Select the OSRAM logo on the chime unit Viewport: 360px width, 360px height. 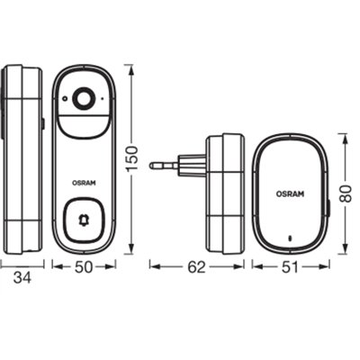point(291,192)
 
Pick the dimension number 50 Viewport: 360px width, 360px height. point(84,266)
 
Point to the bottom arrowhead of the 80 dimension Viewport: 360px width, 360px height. point(343,246)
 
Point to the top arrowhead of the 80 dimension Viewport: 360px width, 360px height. point(343,137)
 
